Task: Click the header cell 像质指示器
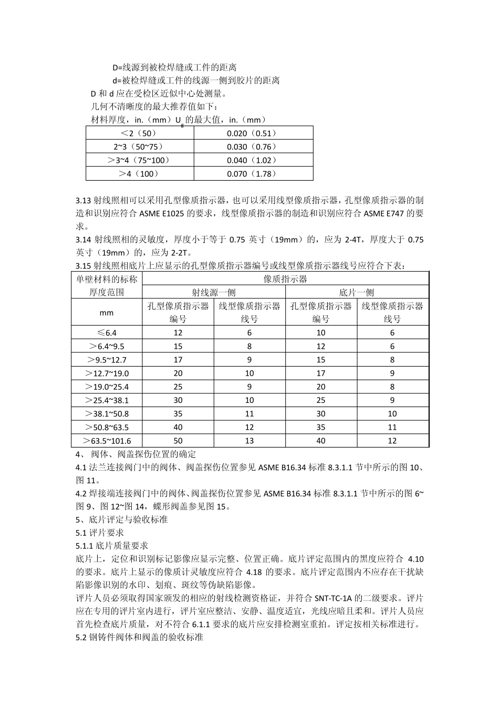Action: pos(285,279)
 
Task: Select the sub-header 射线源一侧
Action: pos(213,293)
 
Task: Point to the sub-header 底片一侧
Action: pos(357,293)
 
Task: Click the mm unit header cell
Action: pos(107,313)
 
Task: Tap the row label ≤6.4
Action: pos(107,333)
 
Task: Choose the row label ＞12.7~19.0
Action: pos(107,373)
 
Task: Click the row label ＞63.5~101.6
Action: pos(107,441)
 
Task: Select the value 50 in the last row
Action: pos(178,441)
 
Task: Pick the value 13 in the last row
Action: pos(250,441)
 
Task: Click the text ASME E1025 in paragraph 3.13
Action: pos(160,213)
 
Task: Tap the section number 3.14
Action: pos(84,240)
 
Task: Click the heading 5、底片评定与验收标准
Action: pos(121,520)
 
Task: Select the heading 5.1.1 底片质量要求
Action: pos(112,546)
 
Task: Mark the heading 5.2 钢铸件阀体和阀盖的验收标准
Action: pos(139,638)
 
